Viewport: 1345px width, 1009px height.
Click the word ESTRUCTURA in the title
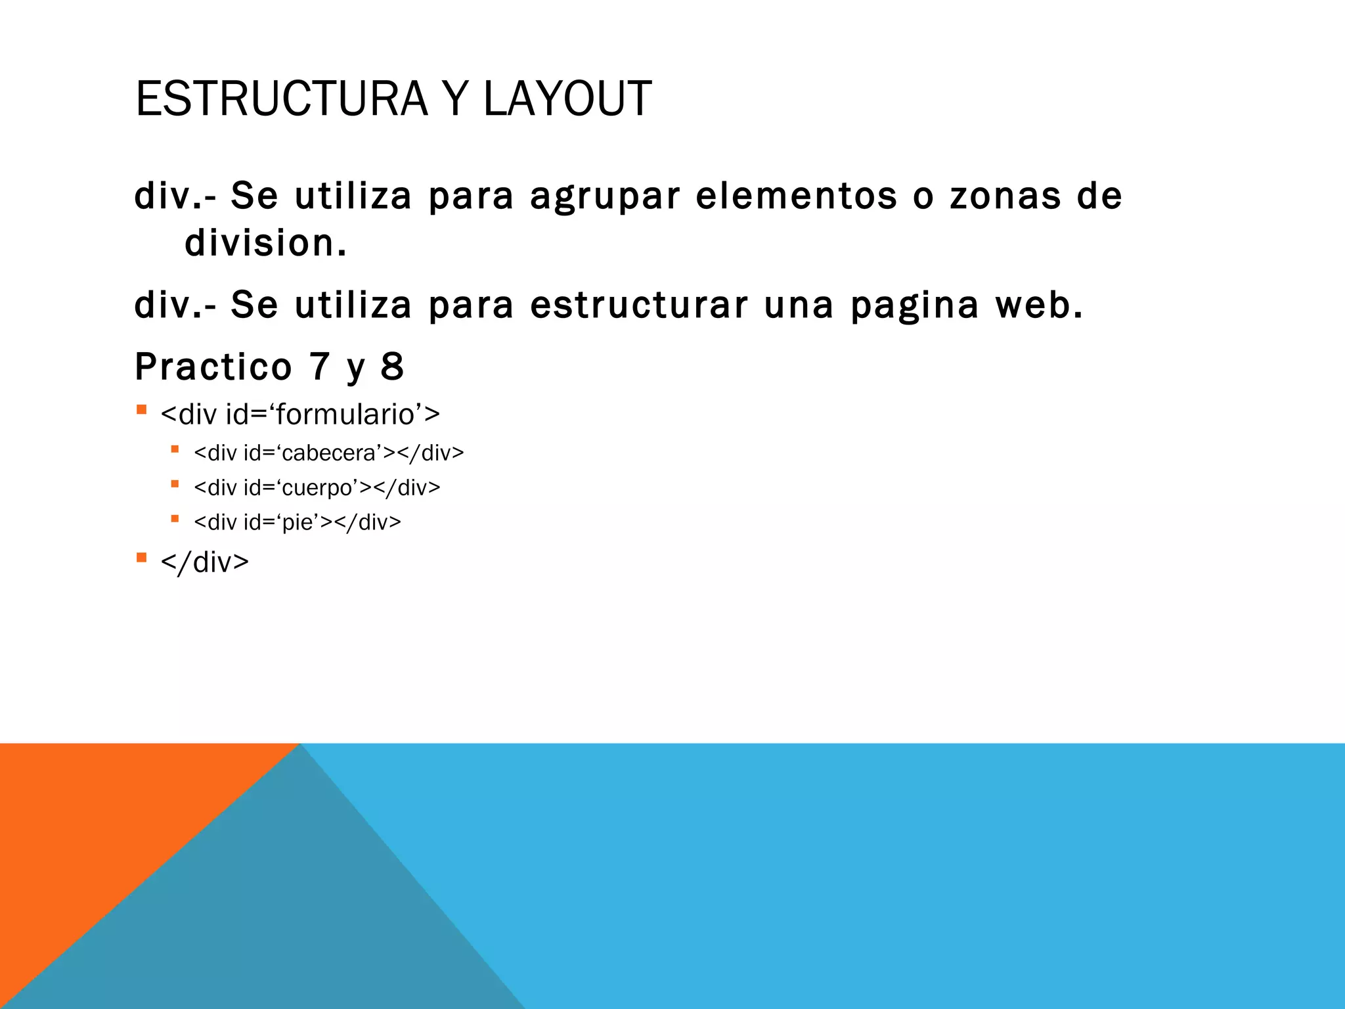(x=282, y=99)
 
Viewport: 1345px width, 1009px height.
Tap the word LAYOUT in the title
(x=567, y=99)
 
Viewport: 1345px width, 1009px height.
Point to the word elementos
(x=796, y=196)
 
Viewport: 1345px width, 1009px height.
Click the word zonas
(x=1005, y=196)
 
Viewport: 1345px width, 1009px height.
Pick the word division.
(x=265, y=243)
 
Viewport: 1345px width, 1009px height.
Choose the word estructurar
(x=638, y=305)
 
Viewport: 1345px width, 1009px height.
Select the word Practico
(x=213, y=367)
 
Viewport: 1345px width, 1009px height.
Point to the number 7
(x=319, y=367)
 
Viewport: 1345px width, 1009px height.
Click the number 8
(x=392, y=367)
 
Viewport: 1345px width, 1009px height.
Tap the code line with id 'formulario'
(x=299, y=415)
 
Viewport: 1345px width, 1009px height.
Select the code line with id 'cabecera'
(x=328, y=453)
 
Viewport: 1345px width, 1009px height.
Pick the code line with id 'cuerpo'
(x=317, y=487)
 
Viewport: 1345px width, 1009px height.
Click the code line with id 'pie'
(x=297, y=522)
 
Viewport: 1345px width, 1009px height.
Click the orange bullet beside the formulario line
(x=141, y=410)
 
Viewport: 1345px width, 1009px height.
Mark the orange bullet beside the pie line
(x=175, y=518)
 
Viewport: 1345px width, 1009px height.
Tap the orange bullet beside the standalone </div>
(x=141, y=558)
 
